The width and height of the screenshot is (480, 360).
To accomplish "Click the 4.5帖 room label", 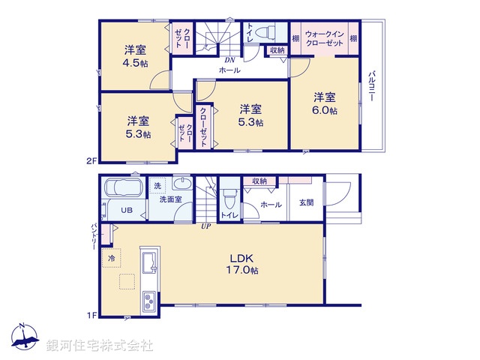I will click(135, 57).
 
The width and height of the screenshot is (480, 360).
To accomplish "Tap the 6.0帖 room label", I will click(324, 103).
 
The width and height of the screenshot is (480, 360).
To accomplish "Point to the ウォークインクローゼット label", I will click(325, 38).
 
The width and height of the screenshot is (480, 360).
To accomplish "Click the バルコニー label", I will click(371, 87).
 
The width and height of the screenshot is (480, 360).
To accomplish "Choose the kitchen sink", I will click(147, 264).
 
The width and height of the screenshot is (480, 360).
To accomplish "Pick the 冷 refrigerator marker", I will click(112, 258).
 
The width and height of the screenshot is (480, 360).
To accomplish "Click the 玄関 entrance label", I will click(306, 203).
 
